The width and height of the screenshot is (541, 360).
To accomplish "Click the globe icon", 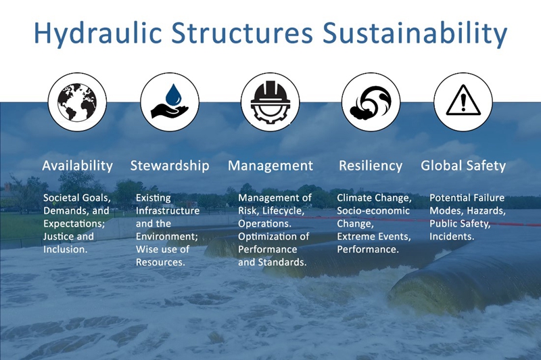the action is coord(77,102).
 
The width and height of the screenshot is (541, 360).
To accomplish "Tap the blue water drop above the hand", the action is coord(173,94).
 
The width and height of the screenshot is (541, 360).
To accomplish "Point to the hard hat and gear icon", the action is coord(270,102).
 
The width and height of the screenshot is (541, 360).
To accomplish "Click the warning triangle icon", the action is coord(463,100).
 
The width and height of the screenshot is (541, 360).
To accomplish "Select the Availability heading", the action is coord(78,166).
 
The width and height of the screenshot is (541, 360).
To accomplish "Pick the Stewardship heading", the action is coord(170,166).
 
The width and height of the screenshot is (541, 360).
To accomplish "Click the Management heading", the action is coord(270,166).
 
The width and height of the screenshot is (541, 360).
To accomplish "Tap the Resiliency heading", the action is coord(371,166).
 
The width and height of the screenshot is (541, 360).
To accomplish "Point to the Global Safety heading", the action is coord(463,166).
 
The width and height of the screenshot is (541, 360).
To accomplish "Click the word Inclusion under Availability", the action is coord(65,249).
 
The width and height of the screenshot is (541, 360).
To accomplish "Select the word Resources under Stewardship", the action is coord(160,263).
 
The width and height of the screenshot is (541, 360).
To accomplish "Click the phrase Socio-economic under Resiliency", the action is coord(373,211).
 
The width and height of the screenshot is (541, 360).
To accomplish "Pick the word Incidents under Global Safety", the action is coord(452,236).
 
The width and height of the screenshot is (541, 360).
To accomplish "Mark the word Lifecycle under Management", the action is coord(283,211).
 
